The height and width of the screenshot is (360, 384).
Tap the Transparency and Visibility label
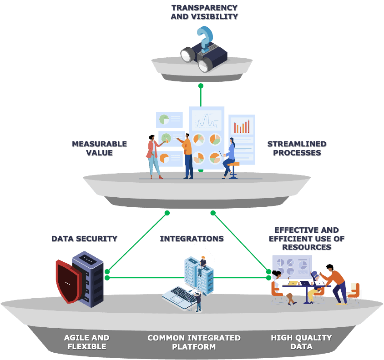(x=204, y=12)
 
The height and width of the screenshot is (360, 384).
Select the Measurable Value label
(x=99, y=148)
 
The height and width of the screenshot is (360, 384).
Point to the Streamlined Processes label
(x=297, y=148)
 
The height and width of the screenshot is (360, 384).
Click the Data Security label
(x=84, y=239)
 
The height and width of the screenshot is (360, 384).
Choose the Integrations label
(x=192, y=239)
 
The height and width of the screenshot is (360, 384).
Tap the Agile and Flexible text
(x=86, y=342)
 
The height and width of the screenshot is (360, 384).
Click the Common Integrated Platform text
(x=194, y=342)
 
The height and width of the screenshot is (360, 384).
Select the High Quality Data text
(x=301, y=342)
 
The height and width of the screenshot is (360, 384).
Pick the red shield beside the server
(x=67, y=280)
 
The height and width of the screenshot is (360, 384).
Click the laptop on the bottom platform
(x=179, y=295)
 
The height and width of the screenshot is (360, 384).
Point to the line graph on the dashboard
(x=206, y=120)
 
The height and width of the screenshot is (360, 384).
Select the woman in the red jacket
(x=153, y=157)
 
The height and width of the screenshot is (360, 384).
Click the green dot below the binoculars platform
(x=201, y=85)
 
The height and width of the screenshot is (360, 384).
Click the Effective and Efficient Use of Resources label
(x=306, y=239)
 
